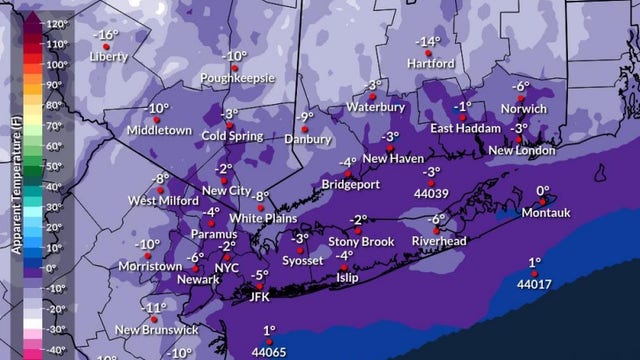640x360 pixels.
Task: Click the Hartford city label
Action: [x=431, y=63]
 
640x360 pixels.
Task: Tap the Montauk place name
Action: [x=545, y=212]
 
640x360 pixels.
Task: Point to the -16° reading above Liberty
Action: [x=104, y=34]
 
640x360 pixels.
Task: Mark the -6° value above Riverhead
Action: [x=437, y=219]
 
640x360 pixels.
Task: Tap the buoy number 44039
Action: [x=430, y=193]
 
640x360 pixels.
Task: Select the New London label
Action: [x=521, y=150]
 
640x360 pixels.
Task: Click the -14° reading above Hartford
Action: [x=428, y=42]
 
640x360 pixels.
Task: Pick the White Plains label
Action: [x=261, y=217]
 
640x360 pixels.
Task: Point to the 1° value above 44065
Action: [x=269, y=330]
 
